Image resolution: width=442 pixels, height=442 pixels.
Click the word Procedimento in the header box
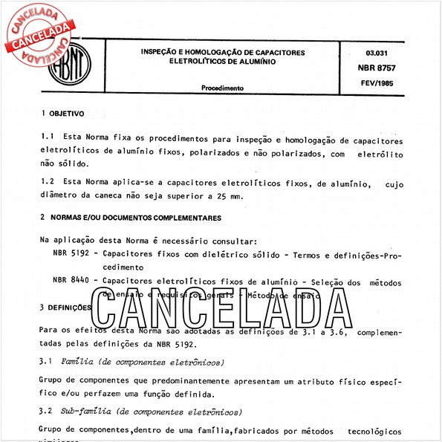tap(222, 88)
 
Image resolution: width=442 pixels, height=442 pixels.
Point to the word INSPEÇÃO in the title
tap(161, 53)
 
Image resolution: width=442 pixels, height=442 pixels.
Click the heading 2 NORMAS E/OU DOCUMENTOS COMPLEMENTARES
tap(130, 218)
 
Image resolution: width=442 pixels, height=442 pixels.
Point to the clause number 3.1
tap(45, 362)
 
